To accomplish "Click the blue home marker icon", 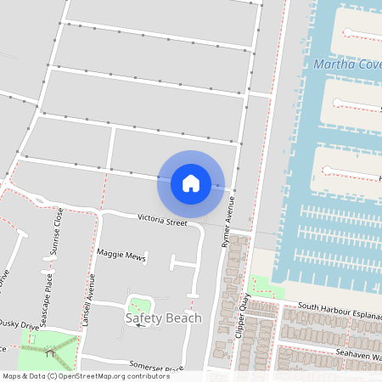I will [191, 183].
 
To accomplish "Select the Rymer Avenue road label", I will [228, 223].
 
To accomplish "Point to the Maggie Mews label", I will [121, 255].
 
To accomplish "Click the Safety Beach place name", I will [164, 318].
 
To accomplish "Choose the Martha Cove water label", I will [346, 65].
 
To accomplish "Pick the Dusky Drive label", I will [19, 323].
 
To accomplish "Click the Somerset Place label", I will [156, 367].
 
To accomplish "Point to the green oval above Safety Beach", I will [138, 304].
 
